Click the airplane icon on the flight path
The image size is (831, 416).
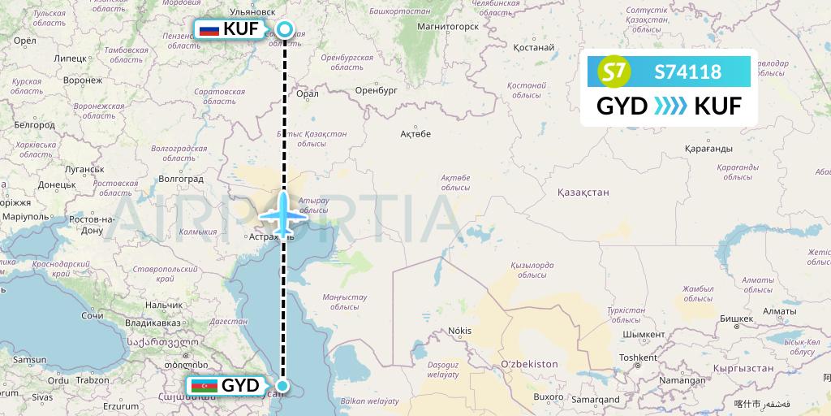tap(284, 215)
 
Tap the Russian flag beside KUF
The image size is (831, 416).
tap(209, 30)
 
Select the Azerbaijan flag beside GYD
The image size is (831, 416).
tap(204, 386)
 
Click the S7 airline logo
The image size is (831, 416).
tap(614, 72)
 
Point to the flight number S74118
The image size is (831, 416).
tap(687, 72)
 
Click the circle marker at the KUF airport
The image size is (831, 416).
tap(285, 30)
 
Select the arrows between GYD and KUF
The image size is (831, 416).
tap(670, 106)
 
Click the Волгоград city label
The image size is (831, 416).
tap(181, 178)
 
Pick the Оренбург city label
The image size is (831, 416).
tap(375, 91)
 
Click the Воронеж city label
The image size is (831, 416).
tap(82, 80)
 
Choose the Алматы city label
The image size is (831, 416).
tap(780, 311)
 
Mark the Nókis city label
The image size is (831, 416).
tap(459, 331)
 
